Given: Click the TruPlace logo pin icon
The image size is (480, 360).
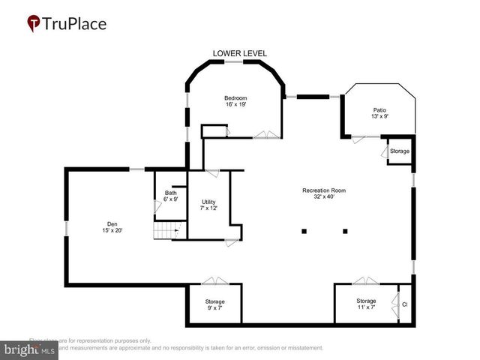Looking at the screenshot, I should [x=34, y=23].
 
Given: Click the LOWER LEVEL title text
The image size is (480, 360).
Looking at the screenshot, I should [x=240, y=53].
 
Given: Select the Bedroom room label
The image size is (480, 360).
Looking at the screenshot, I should [x=235, y=101].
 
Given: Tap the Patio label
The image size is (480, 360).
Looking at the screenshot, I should [x=380, y=113].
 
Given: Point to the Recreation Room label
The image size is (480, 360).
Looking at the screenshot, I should [x=323, y=193].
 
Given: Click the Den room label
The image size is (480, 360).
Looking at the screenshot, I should [x=112, y=226].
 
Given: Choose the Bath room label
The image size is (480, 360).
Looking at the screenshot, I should [x=171, y=196].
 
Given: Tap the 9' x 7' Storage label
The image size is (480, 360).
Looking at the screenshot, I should [x=214, y=304].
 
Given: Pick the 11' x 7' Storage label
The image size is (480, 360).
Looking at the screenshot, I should [x=366, y=304].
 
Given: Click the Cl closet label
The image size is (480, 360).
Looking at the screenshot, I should [x=405, y=304].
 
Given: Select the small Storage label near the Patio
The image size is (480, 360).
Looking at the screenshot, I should [x=400, y=151].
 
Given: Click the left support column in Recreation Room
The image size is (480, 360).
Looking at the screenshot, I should [x=304, y=231].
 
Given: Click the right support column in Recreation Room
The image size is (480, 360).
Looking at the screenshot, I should [x=345, y=231].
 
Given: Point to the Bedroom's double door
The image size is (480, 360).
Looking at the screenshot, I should [x=263, y=136].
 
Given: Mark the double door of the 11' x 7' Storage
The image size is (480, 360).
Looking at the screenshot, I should [x=366, y=281].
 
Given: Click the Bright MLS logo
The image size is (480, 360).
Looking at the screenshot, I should [x=30, y=349].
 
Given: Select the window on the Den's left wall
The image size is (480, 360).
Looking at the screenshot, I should [x=66, y=227].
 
